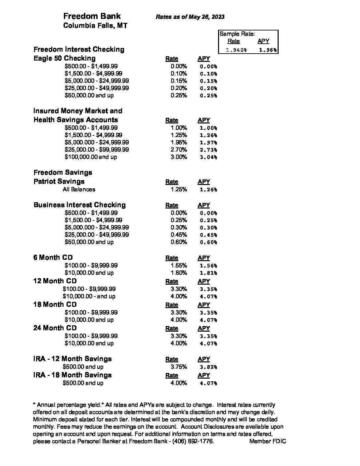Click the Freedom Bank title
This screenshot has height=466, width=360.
click(92, 16)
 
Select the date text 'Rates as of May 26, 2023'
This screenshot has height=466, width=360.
click(190, 17)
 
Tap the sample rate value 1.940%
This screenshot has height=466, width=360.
click(236, 50)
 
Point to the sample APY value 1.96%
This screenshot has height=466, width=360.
click(267, 50)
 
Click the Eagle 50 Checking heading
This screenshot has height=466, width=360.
click(65, 58)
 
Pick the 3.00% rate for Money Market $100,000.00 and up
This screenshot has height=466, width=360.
click(179, 157)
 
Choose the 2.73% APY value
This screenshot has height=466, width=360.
click(208, 150)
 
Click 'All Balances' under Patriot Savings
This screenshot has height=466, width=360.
click(79, 189)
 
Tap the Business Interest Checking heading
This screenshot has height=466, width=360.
click(79, 205)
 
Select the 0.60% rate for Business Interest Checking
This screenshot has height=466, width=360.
click(179, 242)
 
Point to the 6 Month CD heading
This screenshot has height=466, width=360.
click(53, 257)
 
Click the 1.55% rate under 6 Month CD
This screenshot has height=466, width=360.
click(179, 265)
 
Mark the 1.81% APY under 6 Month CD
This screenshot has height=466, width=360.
click(208, 273)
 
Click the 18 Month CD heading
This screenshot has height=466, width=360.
click(55, 304)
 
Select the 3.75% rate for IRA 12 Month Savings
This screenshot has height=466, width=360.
click(179, 367)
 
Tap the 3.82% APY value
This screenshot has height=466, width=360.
click(208, 367)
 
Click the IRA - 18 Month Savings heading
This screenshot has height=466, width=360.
click(72, 375)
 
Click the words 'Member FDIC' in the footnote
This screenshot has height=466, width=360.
click(268, 441)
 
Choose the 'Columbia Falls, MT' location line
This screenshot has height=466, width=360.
click(95, 25)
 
